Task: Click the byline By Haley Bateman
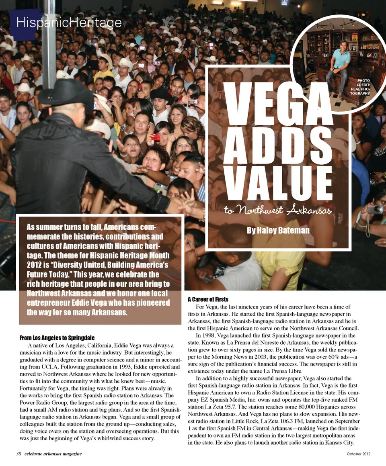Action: (x=278, y=230)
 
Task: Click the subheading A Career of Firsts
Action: (x=208, y=299)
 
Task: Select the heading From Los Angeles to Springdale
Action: (x=57, y=337)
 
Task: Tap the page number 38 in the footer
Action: (x=18, y=454)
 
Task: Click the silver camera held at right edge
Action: (x=376, y=209)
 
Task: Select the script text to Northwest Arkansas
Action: (x=278, y=211)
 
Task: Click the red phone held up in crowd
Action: (x=155, y=137)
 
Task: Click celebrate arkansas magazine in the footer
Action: (x=53, y=454)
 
